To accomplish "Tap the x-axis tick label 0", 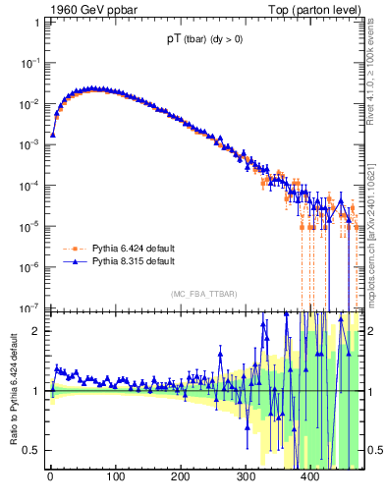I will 50,478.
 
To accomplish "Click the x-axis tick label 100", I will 115,478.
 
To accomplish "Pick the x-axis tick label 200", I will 180,478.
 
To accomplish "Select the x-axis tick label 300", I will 246,478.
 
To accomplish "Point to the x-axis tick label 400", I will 310,478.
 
